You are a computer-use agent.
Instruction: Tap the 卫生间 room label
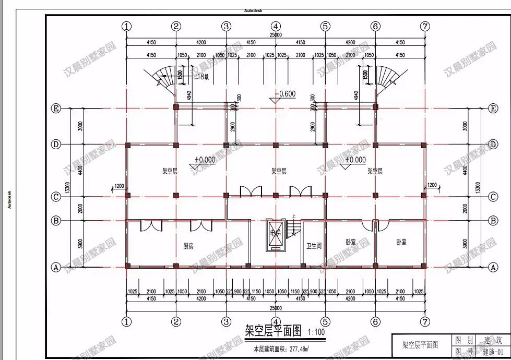(314, 245)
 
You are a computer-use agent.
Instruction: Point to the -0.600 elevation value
(286, 94)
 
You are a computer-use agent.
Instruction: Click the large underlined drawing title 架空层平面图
(274, 330)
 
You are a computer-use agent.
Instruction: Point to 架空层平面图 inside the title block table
(420, 345)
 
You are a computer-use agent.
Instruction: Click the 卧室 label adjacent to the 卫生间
(351, 242)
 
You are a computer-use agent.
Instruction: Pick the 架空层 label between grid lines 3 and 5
(279, 171)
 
